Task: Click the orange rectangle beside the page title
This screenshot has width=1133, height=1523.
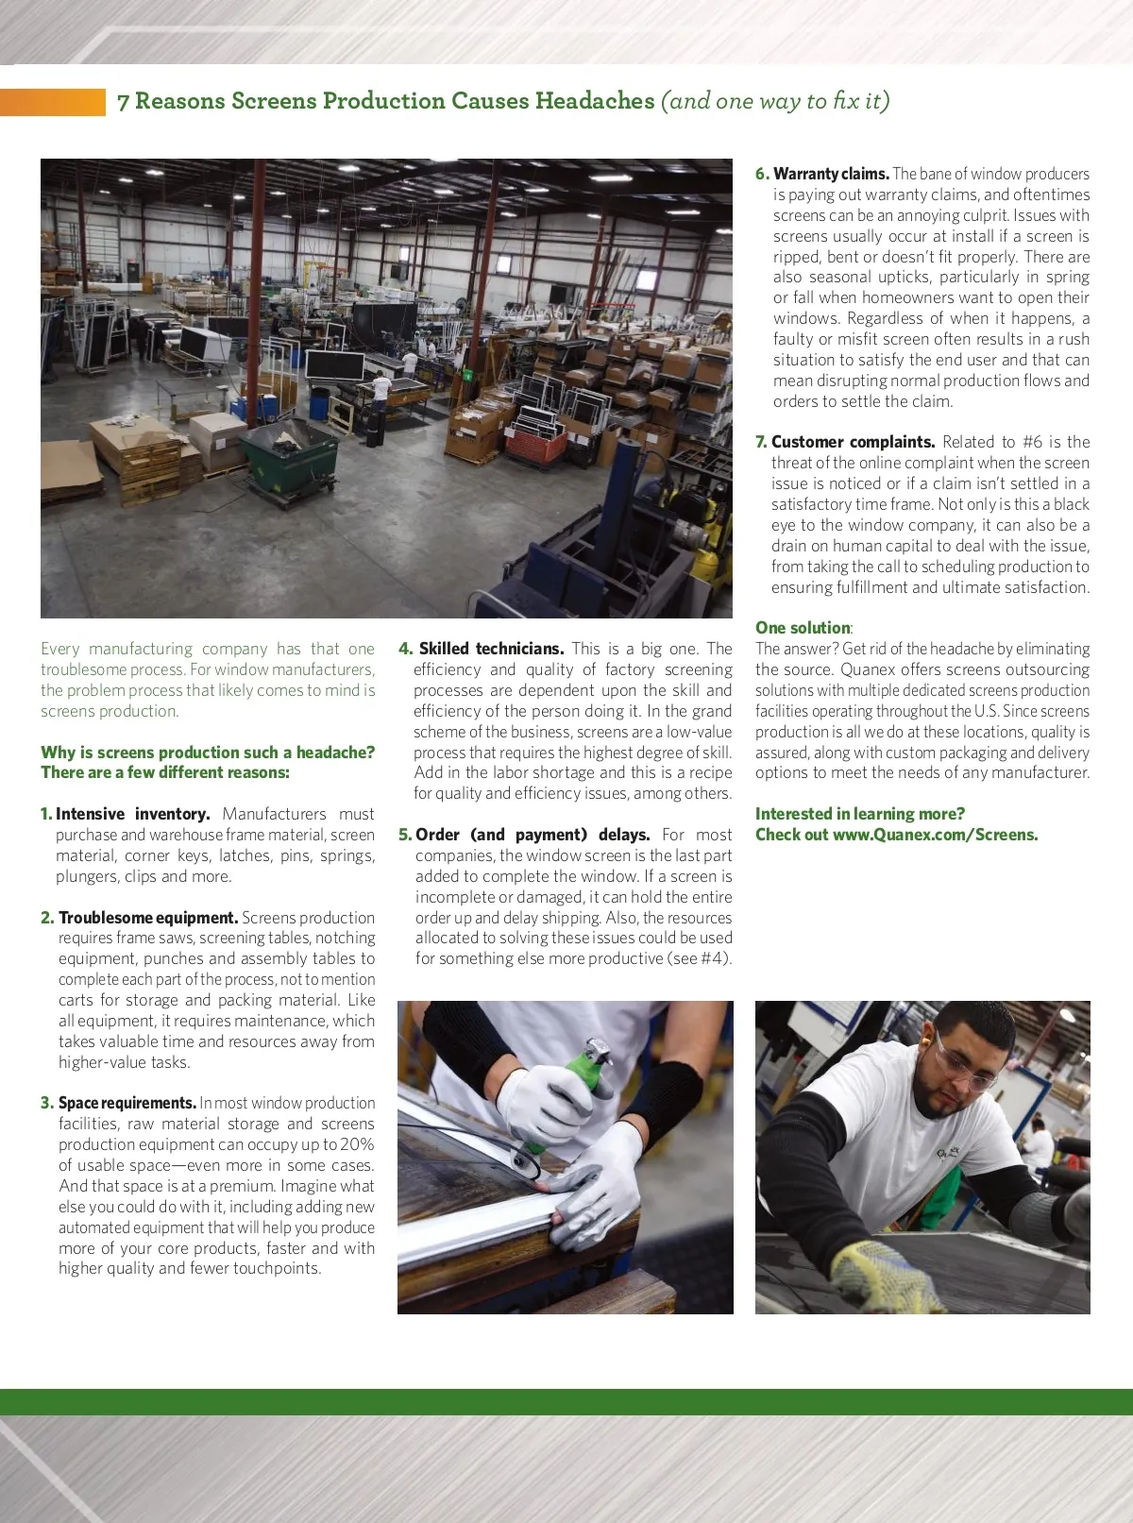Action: tap(53, 102)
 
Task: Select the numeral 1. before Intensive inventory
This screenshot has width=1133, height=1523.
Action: tap(46, 814)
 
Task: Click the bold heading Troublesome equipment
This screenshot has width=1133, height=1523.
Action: tap(148, 918)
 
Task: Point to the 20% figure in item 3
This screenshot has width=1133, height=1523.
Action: tap(354, 1144)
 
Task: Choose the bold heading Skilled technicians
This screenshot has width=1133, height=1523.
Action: tap(491, 649)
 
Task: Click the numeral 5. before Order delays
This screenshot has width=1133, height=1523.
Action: tap(405, 835)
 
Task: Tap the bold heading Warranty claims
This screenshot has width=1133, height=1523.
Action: tap(831, 174)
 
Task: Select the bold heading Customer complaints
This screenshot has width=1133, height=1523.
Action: tap(853, 442)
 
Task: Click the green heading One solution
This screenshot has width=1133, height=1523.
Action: tap(803, 628)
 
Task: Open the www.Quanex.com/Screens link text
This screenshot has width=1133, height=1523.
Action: tap(935, 835)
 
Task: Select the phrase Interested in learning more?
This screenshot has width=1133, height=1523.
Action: tap(859, 814)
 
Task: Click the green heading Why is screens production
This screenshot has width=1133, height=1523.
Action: tap(208, 753)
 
